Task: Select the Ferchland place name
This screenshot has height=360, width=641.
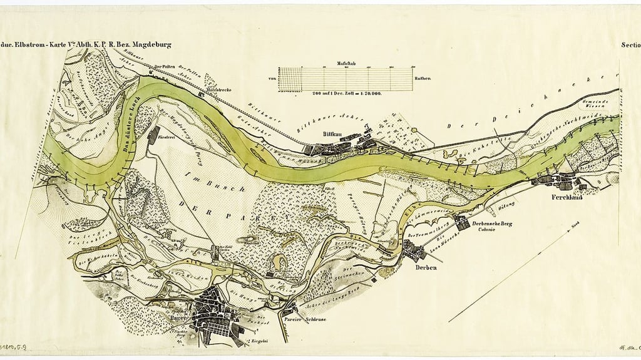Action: (x=567, y=197)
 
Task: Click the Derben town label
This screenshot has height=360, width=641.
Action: (x=425, y=268)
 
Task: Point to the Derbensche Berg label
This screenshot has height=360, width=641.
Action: (x=492, y=224)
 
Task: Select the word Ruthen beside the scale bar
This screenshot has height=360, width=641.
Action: (x=422, y=78)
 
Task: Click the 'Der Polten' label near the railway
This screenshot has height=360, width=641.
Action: (x=164, y=68)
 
